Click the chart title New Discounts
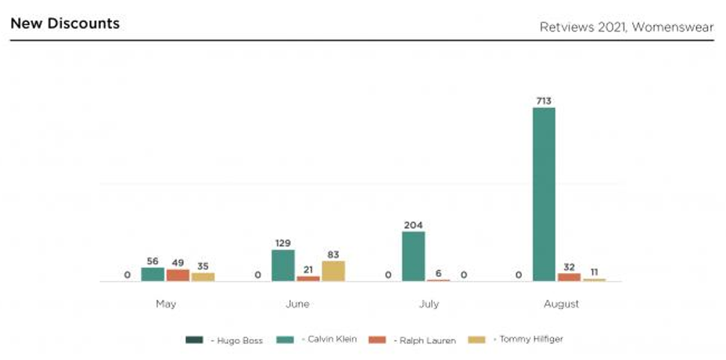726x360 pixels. pyautogui.click(x=65, y=23)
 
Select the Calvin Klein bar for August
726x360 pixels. pyautogui.click(x=544, y=194)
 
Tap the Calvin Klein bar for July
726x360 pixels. pyautogui.click(x=413, y=256)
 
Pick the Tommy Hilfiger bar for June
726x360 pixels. pyautogui.click(x=333, y=271)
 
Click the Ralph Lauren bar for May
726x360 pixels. pyautogui.click(x=178, y=275)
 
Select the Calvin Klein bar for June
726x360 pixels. pyautogui.click(x=283, y=265)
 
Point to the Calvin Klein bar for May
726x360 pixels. pyautogui.click(x=153, y=274)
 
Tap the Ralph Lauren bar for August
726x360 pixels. pyautogui.click(x=569, y=277)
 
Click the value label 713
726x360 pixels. pyautogui.click(x=544, y=100)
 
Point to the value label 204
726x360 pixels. pyautogui.click(x=413, y=225)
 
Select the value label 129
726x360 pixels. pyautogui.click(x=282, y=243)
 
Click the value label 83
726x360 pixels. pyautogui.click(x=333, y=254)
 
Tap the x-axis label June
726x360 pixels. pyautogui.click(x=297, y=304)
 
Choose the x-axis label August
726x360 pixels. pyautogui.click(x=561, y=304)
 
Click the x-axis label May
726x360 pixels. pyautogui.click(x=165, y=304)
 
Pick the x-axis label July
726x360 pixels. pyautogui.click(x=429, y=304)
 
